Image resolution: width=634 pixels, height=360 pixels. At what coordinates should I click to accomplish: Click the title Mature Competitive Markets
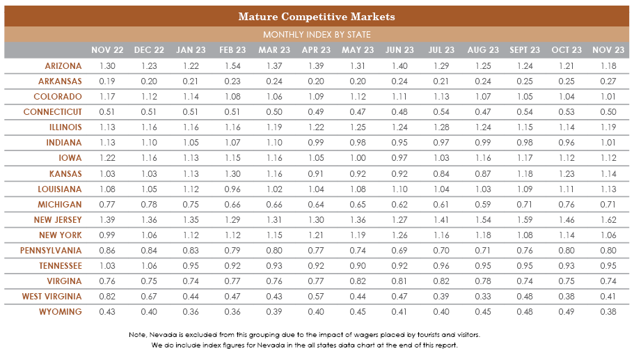pyautogui.click(x=317, y=16)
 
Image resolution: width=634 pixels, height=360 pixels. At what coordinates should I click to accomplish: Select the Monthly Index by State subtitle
pyautogui.click(x=317, y=34)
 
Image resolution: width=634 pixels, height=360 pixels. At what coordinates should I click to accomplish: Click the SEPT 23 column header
pyautogui.click(x=525, y=50)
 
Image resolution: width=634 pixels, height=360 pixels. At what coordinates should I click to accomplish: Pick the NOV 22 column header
pyautogui.click(x=108, y=50)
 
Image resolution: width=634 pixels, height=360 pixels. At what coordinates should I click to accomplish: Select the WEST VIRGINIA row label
pyautogui.click(x=53, y=296)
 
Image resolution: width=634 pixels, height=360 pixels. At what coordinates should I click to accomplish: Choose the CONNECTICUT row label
pyautogui.click(x=53, y=112)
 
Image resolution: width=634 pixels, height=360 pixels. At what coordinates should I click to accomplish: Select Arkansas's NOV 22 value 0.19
pyautogui.click(x=108, y=81)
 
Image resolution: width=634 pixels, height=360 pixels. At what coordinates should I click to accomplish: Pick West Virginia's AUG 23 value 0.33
pyautogui.click(x=483, y=296)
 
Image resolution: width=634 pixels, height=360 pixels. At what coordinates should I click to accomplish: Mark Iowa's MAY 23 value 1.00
pyautogui.click(x=358, y=158)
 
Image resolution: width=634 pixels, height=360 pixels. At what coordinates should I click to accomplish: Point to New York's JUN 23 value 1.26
pyautogui.click(x=399, y=235)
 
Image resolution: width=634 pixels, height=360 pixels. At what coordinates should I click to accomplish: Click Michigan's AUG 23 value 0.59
pyautogui.click(x=483, y=204)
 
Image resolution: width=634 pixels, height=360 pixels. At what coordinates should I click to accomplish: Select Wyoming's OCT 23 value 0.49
pyautogui.click(x=566, y=311)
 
